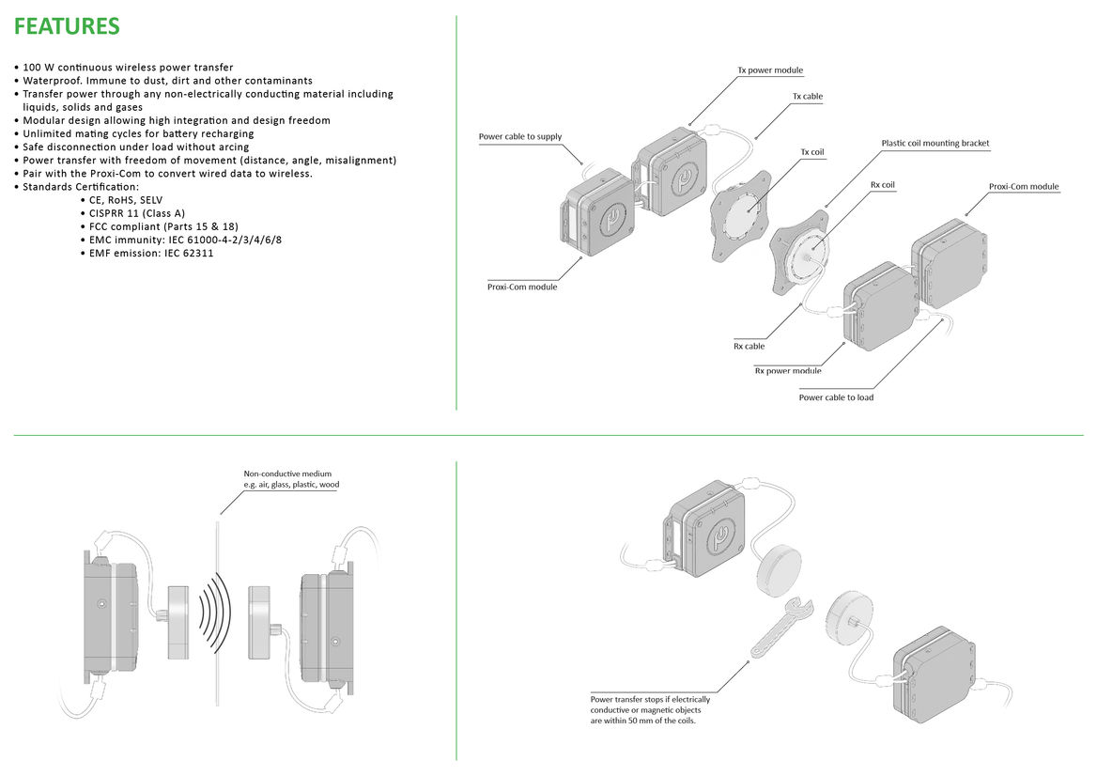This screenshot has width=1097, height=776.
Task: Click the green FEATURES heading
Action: click(68, 26)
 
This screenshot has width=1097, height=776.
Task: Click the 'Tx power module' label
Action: click(770, 70)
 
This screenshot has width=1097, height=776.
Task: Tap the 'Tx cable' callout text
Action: click(808, 97)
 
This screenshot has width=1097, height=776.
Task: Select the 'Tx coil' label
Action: click(812, 152)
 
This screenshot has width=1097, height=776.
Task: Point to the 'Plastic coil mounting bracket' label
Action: click(935, 144)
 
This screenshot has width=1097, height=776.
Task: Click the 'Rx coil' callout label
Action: click(882, 185)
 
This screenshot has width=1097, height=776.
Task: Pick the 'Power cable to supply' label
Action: click(519, 137)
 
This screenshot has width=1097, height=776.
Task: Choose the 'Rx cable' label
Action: click(749, 347)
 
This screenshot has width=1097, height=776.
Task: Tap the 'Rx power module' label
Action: click(788, 371)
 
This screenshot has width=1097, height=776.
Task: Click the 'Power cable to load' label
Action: click(836, 397)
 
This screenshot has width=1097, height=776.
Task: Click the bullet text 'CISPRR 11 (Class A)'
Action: click(137, 213)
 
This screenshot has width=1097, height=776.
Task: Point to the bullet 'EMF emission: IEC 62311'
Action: click(151, 254)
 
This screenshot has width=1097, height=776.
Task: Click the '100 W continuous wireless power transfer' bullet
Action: click(128, 68)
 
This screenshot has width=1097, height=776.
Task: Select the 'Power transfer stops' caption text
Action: click(650, 709)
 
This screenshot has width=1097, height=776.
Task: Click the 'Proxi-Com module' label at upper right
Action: click(1024, 187)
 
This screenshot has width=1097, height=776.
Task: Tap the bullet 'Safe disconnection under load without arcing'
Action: click(136, 147)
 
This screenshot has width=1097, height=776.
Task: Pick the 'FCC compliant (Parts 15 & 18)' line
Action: click(163, 226)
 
